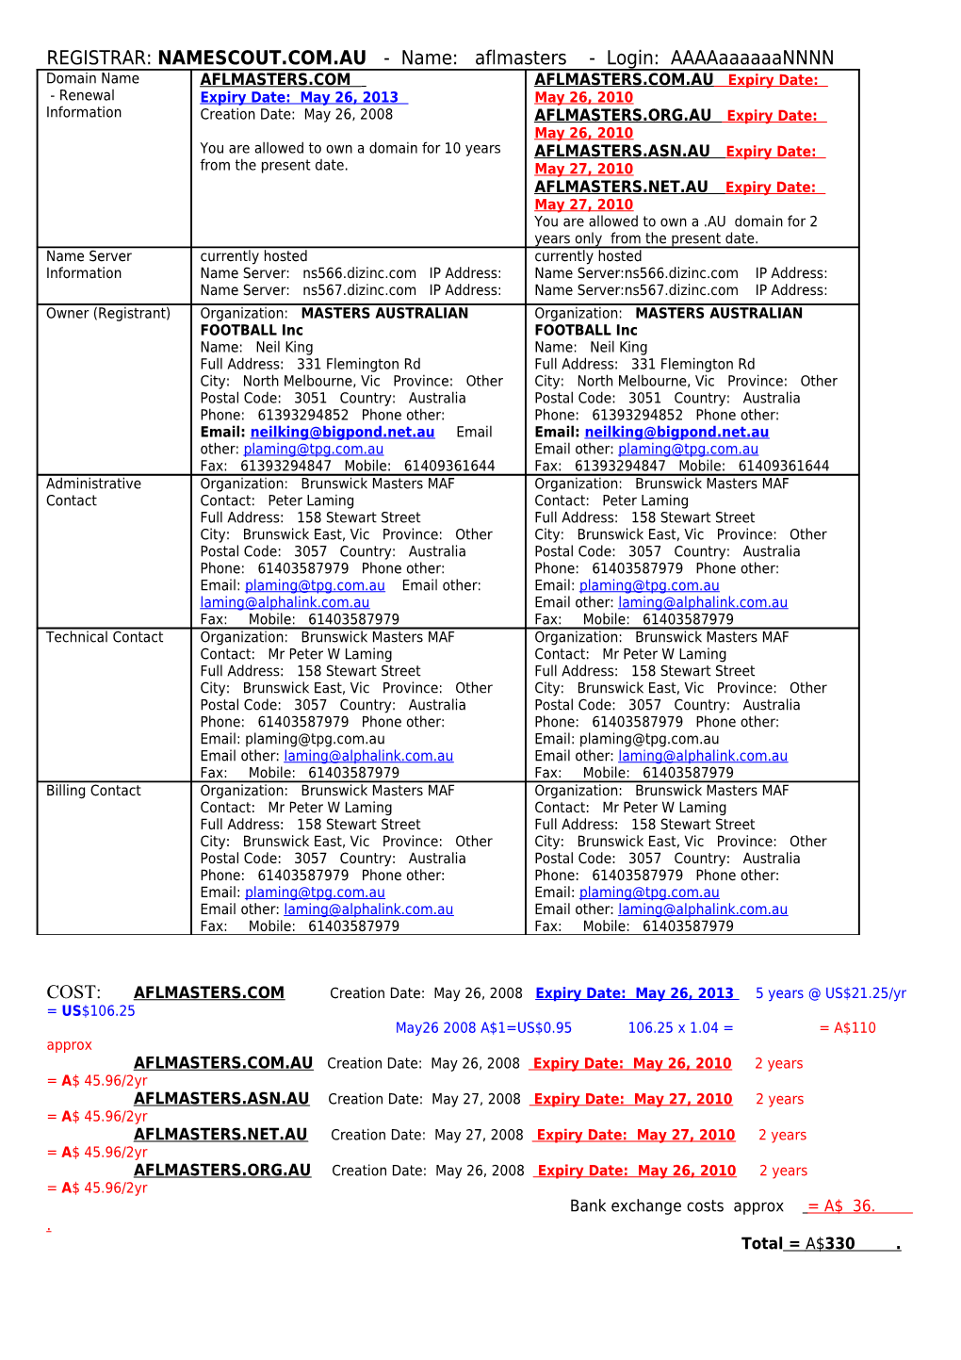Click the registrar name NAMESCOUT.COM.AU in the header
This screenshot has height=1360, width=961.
(262, 58)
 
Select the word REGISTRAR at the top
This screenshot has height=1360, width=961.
(98, 58)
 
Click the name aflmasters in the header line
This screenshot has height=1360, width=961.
(520, 58)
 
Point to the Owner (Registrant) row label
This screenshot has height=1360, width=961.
(108, 314)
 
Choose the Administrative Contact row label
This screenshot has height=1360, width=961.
(93, 492)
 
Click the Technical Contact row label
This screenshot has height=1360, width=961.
(105, 638)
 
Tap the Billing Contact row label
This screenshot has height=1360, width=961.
(93, 792)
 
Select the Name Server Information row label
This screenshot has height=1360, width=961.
(89, 265)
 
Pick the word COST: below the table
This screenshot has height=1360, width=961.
(73, 992)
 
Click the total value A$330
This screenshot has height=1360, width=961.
(830, 1244)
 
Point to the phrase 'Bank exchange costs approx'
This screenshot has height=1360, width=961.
(676, 1206)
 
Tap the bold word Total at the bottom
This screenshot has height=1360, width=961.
(761, 1244)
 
